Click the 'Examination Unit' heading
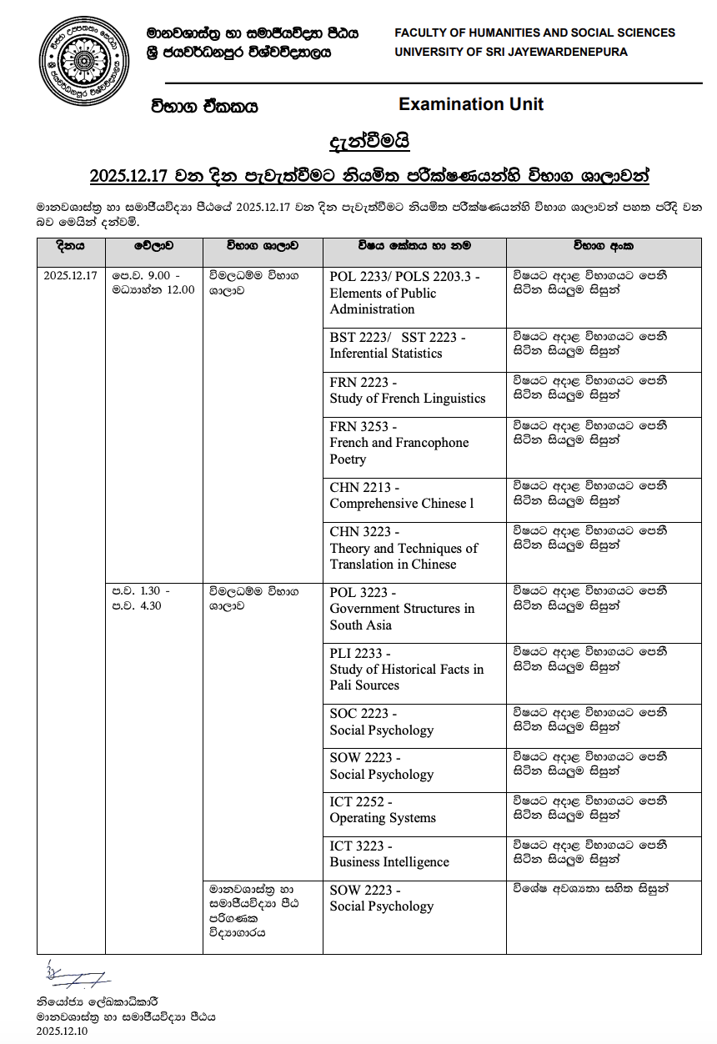pyautogui.click(x=471, y=104)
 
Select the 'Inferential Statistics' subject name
pyautogui.click(x=386, y=354)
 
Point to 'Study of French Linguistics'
pyautogui.click(x=407, y=399)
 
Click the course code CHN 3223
pyautogui.click(x=362, y=532)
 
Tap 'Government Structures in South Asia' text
pyautogui.click(x=402, y=617)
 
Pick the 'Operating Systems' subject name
pyautogui.click(x=383, y=818)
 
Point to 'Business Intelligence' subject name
pyautogui.click(x=389, y=862)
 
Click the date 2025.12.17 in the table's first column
pyautogui.click(x=71, y=275)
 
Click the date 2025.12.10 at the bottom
pyautogui.click(x=62, y=1031)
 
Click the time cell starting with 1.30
pyautogui.click(x=138, y=599)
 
